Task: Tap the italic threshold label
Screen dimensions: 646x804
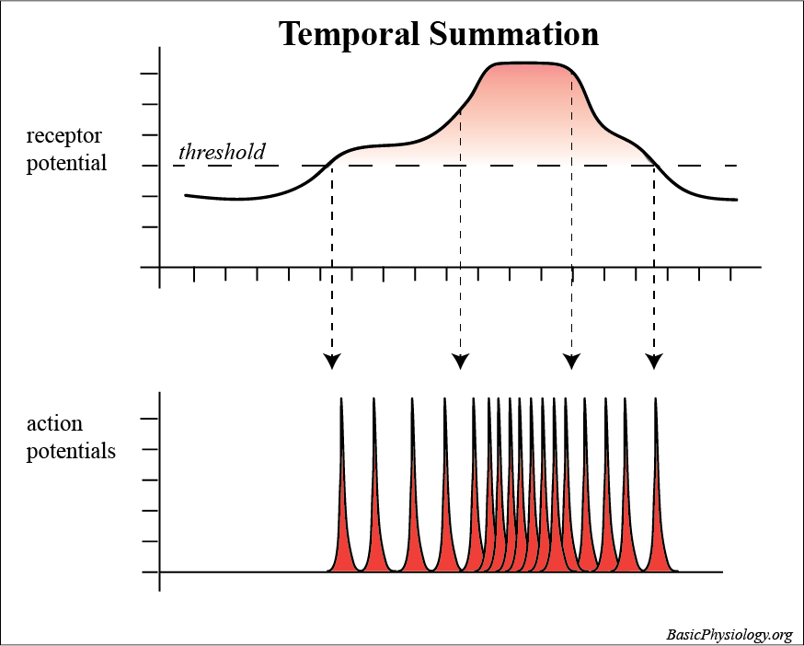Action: click(222, 152)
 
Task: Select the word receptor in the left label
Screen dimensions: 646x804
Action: click(63, 136)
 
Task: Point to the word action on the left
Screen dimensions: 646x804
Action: click(54, 424)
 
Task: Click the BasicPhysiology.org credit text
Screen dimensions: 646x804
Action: click(729, 635)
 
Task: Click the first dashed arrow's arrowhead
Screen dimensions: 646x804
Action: click(332, 361)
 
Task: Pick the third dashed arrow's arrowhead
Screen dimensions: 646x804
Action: click(571, 361)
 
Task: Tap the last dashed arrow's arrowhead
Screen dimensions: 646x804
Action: click(654, 361)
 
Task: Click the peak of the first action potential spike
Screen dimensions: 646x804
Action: click(341, 399)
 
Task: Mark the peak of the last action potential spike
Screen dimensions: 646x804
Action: click(656, 399)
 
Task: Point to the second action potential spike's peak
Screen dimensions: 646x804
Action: click(374, 399)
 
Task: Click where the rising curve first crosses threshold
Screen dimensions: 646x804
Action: click(331, 166)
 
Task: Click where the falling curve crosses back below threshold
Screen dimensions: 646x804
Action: click(655, 166)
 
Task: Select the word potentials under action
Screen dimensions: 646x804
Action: click(71, 452)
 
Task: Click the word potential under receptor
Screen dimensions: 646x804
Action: click(66, 164)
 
